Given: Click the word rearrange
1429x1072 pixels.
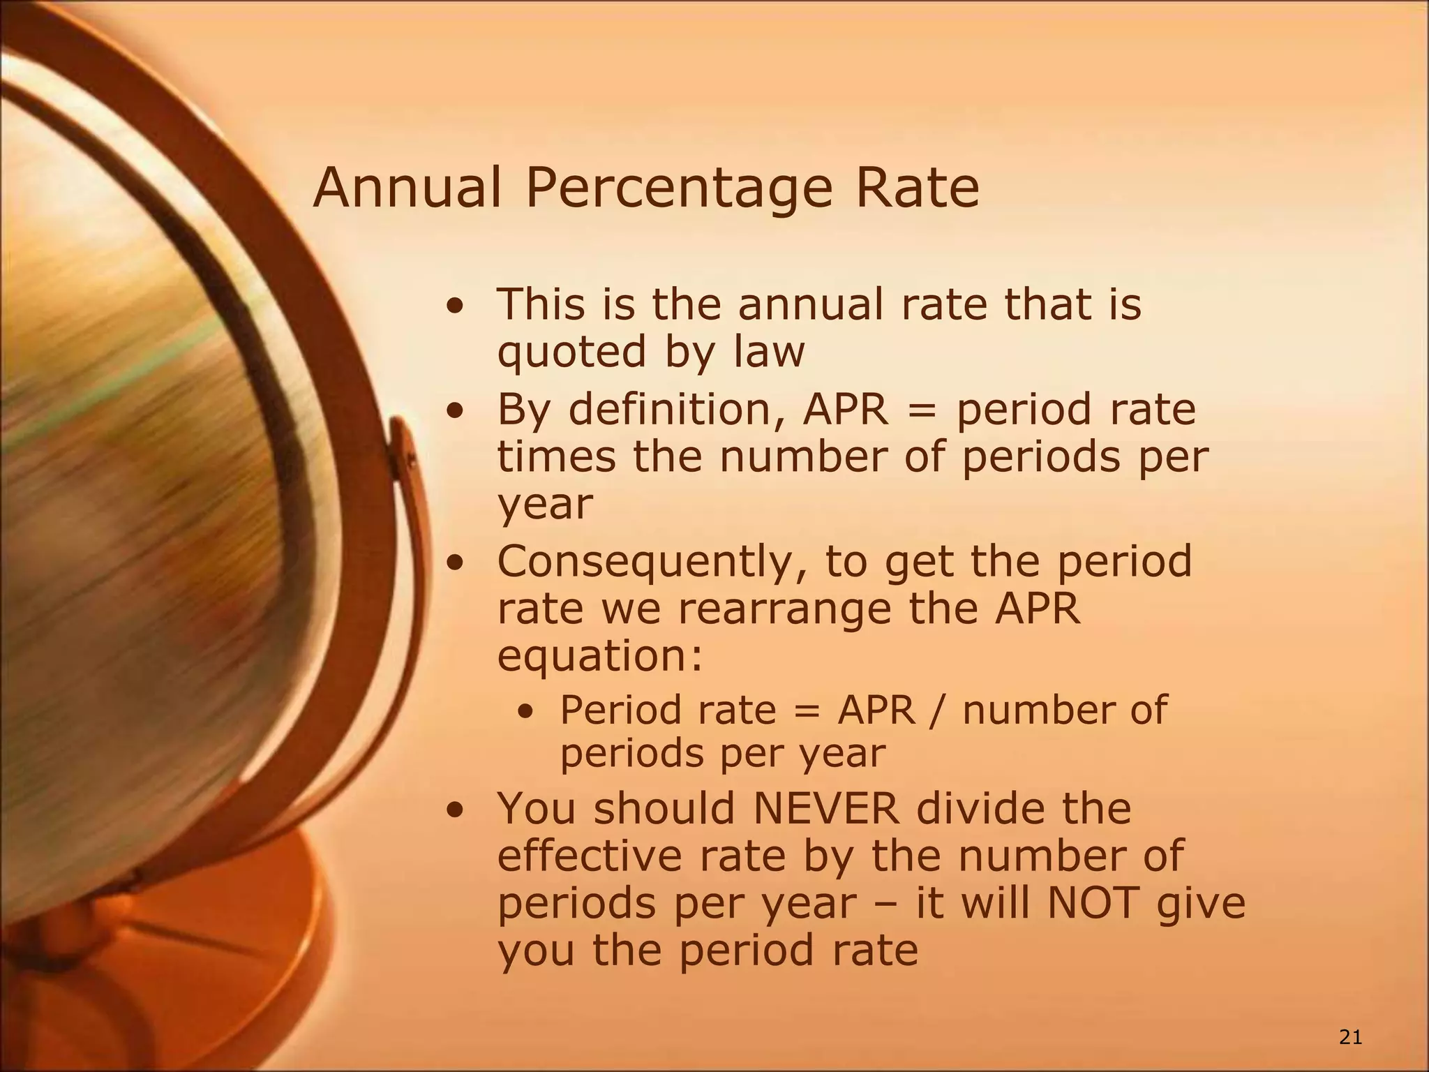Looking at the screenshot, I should pos(785,609).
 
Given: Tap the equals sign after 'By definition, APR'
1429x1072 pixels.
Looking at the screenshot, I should pos(922,410).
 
